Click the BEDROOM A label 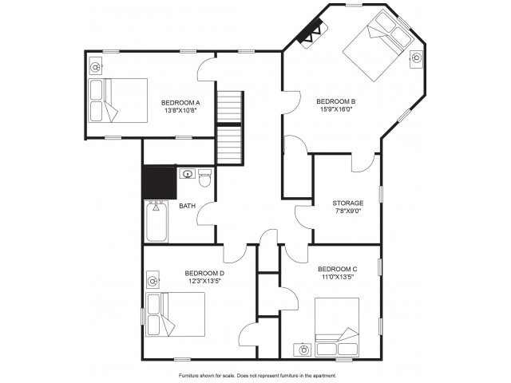coord(180,103)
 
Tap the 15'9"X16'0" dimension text coord(336,109)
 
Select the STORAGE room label coord(348,203)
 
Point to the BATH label coord(188,206)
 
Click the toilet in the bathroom coord(205,178)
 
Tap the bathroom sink coord(188,174)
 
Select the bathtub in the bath coord(156,222)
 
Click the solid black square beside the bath coord(160,183)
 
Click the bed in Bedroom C coord(337,327)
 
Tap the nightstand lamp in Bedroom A coord(96,67)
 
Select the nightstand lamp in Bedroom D coord(153,281)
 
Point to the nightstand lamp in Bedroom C coord(303,350)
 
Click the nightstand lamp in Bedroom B coord(416,58)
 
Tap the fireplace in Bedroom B coord(311,34)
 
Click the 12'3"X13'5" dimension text coord(204,281)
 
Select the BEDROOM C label coord(337,270)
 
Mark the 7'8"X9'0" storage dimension coord(348,211)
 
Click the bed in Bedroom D coord(176,314)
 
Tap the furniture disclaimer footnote coord(257,376)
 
